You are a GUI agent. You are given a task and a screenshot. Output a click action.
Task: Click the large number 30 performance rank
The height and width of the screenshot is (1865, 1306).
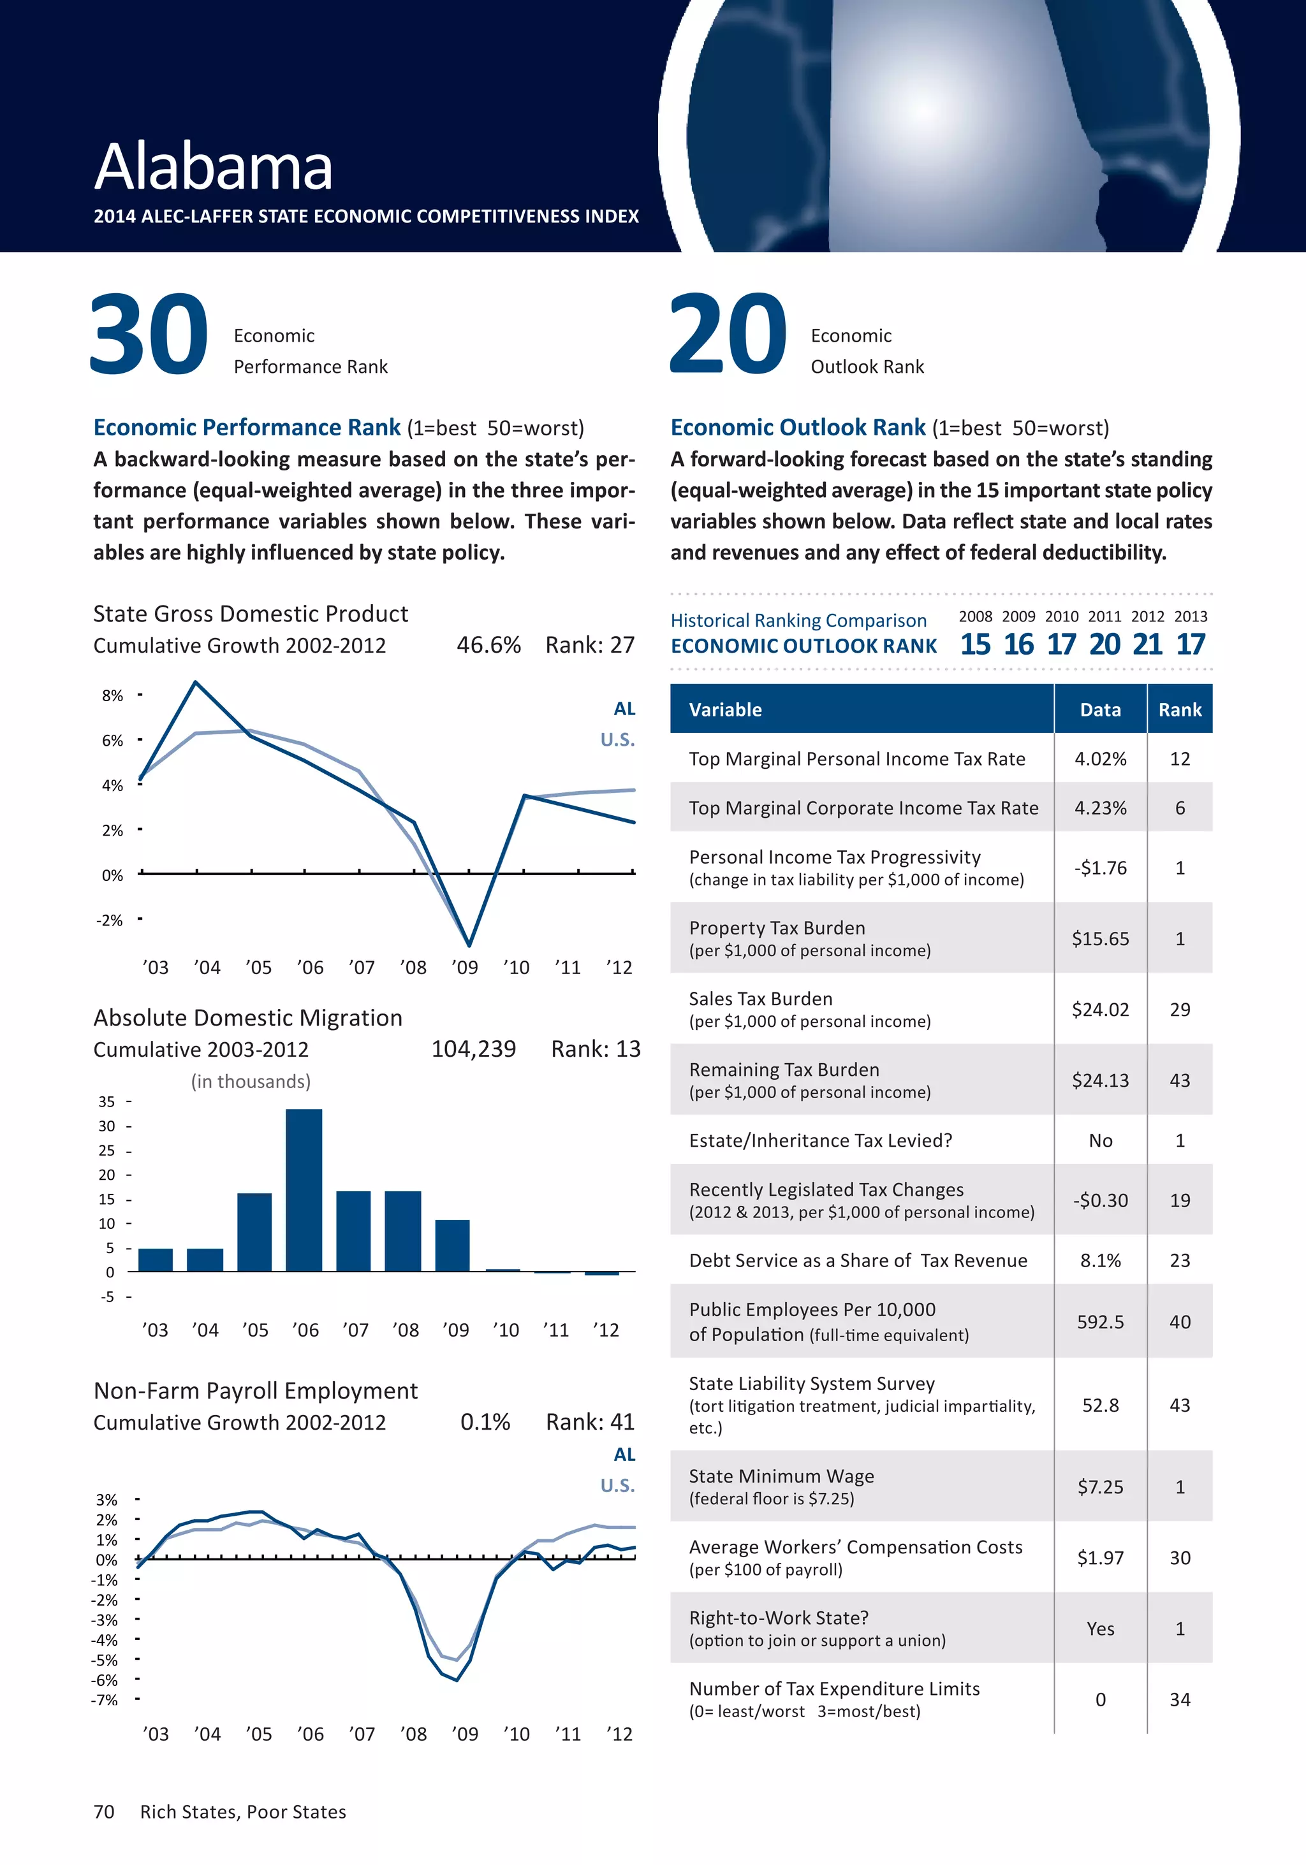tap(149, 335)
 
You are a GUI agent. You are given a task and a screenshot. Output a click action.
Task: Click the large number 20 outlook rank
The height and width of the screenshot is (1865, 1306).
tap(728, 335)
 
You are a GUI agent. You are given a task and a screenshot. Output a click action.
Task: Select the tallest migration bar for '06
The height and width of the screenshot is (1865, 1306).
tap(304, 1189)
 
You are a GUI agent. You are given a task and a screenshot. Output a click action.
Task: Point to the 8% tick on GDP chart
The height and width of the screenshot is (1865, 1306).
tap(113, 695)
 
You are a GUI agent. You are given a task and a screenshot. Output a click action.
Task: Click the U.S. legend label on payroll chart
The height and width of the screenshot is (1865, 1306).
tap(618, 1485)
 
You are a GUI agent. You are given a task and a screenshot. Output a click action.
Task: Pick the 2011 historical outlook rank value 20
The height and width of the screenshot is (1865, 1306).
tap(1104, 644)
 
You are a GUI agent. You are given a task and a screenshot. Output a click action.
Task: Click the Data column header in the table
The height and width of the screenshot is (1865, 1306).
tap(1101, 709)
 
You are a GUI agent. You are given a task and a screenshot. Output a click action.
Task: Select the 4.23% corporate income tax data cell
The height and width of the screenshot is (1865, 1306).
tap(1101, 808)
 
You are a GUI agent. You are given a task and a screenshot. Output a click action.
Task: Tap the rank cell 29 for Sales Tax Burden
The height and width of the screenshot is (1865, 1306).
tap(1179, 1009)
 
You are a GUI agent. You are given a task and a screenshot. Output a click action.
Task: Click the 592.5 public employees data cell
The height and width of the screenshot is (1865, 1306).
tap(1101, 1321)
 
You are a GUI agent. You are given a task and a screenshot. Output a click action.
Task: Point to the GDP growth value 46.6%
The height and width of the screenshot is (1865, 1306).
tap(488, 645)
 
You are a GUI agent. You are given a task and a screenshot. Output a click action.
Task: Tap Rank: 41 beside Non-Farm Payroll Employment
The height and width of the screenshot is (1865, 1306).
tap(590, 1421)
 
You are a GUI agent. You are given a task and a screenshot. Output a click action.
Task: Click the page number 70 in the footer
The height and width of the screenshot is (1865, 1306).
tap(104, 1811)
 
